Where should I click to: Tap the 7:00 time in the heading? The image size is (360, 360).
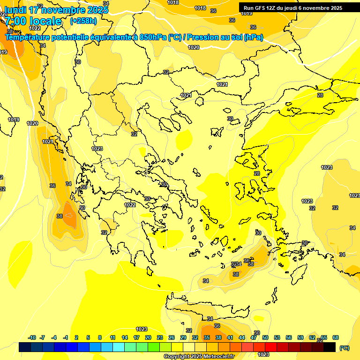[15, 21]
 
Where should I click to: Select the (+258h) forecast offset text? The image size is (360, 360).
[83, 21]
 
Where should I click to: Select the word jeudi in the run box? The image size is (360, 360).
[297, 8]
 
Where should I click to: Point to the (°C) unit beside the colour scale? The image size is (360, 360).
[344, 348]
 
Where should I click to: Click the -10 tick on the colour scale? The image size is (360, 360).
[32, 338]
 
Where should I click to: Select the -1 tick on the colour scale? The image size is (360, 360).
[66, 338]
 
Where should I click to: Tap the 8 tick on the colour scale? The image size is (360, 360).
[100, 338]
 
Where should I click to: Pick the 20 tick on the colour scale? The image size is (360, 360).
[148, 338]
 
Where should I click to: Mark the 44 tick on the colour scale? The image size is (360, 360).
[241, 338]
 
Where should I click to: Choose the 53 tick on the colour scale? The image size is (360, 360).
[277, 338]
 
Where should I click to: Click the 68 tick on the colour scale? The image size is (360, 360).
[335, 338]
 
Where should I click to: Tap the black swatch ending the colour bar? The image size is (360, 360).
[330, 347]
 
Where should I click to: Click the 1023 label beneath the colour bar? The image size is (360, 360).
[263, 354]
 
